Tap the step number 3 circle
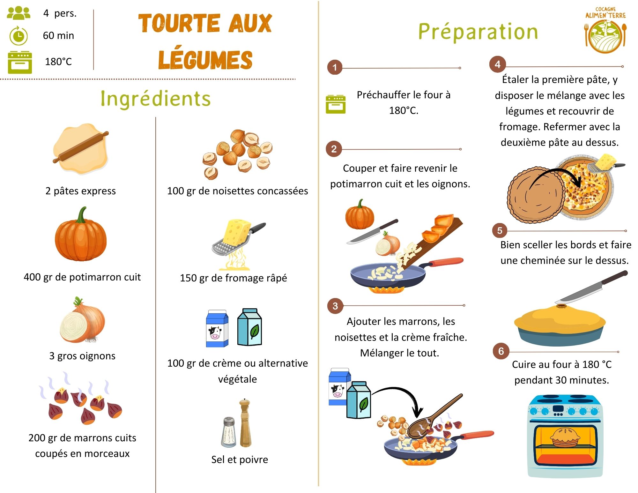[335, 306]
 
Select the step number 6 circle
[501, 351]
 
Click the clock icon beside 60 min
[19, 36]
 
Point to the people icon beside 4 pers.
[19, 13]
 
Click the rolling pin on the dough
[81, 147]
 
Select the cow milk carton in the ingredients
[217, 329]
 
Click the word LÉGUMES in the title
[205, 60]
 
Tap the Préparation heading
[478, 32]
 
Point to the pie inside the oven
[565, 437]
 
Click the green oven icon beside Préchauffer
[335, 104]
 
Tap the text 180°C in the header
[58, 62]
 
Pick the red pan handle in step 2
[446, 262]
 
